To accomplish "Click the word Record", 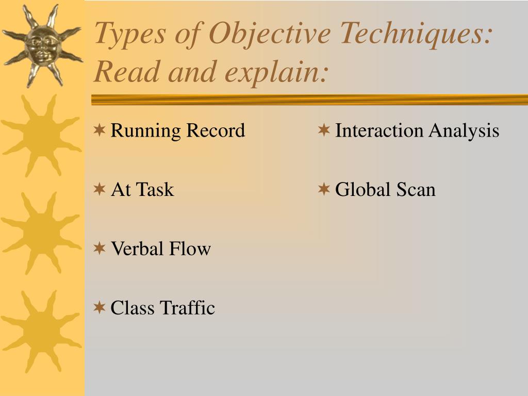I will click(x=216, y=130).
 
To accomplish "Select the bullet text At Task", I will click(x=142, y=190).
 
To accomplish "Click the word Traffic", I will click(x=187, y=308).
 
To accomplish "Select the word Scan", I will click(x=416, y=190).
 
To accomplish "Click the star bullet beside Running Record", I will click(x=100, y=130).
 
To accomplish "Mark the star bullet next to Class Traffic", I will click(x=100, y=307).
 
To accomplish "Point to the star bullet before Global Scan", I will click(x=324, y=189).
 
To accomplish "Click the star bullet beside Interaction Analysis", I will click(x=324, y=130).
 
